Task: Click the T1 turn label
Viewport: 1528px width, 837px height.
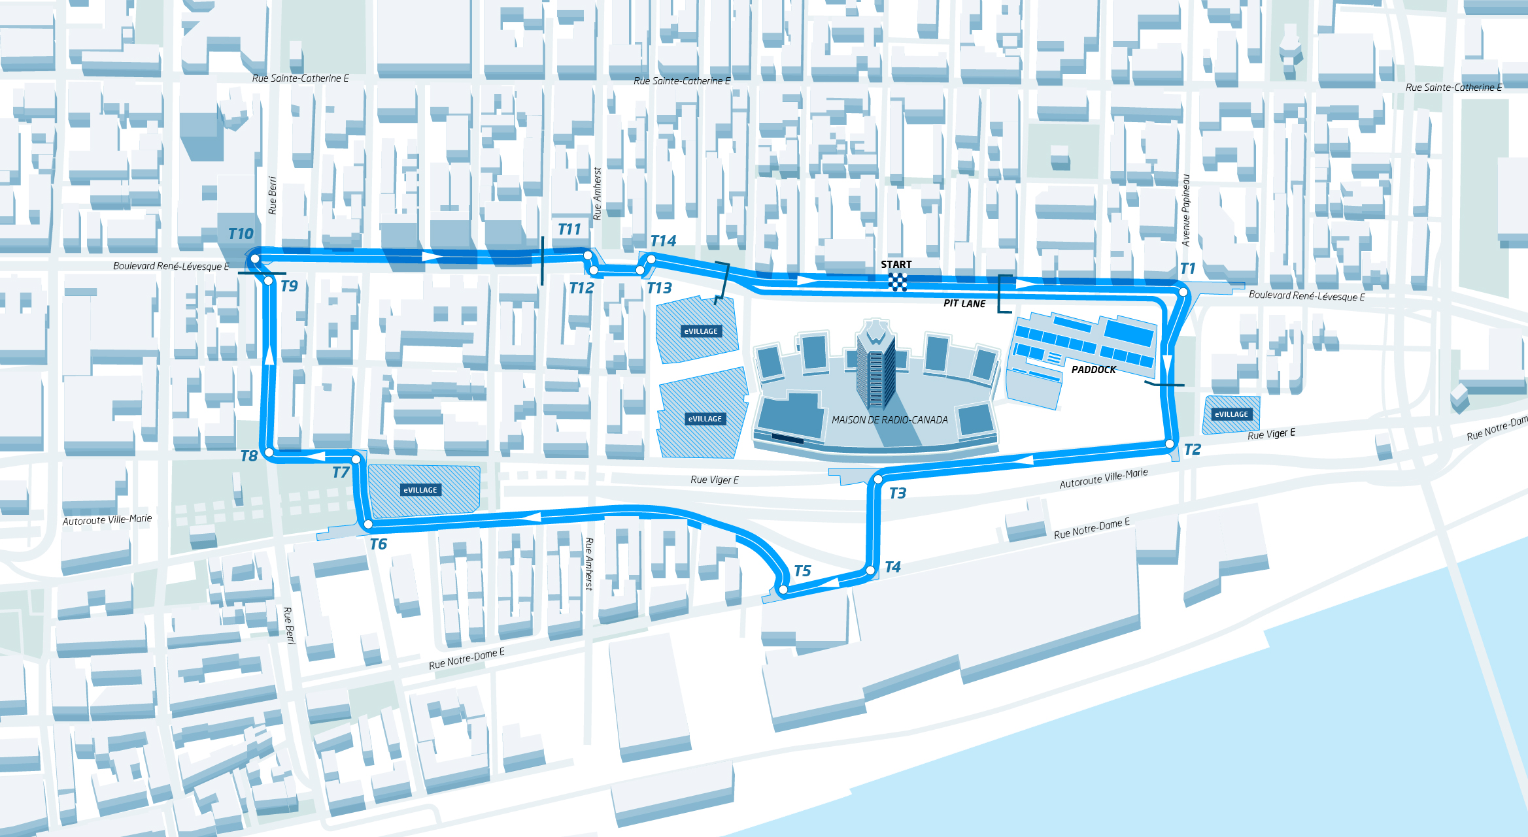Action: click(x=1187, y=269)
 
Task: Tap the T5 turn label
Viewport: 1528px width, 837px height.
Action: click(x=802, y=571)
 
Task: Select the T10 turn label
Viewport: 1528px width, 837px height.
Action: click(x=241, y=234)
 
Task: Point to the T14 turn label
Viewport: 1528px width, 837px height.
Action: click(x=663, y=241)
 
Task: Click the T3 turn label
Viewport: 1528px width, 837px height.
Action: click(x=897, y=493)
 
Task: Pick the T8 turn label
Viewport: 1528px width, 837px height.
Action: click(x=248, y=456)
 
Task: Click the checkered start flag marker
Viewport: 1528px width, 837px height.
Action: click(x=898, y=282)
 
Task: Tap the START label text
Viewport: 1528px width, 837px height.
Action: click(x=896, y=265)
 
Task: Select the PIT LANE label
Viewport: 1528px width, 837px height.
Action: click(x=964, y=303)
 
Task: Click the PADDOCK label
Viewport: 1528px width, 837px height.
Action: click(x=1093, y=370)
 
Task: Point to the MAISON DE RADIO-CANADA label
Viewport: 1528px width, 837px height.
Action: click(x=889, y=420)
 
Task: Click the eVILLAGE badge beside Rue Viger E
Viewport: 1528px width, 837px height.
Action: click(x=1231, y=414)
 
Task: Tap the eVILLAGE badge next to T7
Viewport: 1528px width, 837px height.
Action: click(x=420, y=490)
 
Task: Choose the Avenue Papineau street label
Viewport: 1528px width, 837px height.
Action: click(x=1186, y=210)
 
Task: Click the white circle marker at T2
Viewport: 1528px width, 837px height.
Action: click(x=1170, y=444)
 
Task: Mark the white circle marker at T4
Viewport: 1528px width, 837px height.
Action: click(x=870, y=570)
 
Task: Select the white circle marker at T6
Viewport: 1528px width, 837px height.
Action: click(x=368, y=524)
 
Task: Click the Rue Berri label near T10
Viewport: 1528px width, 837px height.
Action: click(x=273, y=195)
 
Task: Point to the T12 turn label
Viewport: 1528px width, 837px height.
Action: click(x=581, y=288)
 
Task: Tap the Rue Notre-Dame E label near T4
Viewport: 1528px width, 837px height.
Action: click(x=1091, y=529)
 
